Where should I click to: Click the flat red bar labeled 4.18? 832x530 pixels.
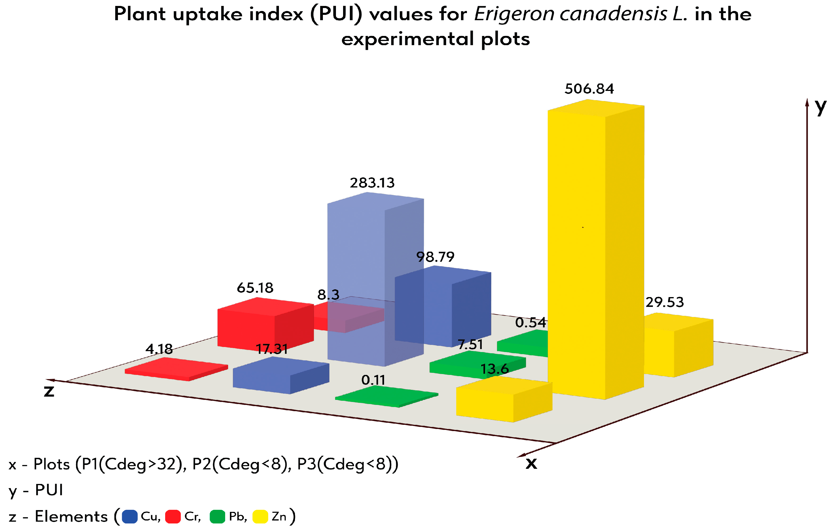click(x=176, y=369)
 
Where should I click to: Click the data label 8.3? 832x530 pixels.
click(x=328, y=295)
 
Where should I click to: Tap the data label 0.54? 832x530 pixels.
click(x=531, y=322)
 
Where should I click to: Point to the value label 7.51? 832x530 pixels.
click(x=470, y=344)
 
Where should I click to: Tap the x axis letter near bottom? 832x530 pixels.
click(x=531, y=463)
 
